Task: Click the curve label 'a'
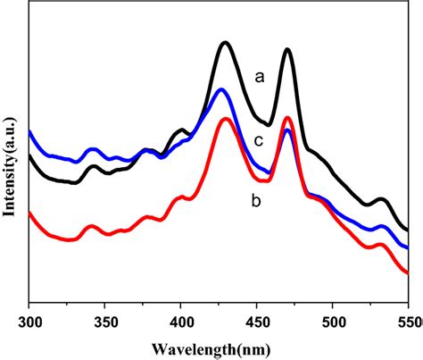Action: pyautogui.click(x=260, y=78)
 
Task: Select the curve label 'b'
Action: pyautogui.click(x=256, y=200)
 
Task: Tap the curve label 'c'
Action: pyautogui.click(x=259, y=141)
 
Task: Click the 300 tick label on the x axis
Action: pyautogui.click(x=29, y=322)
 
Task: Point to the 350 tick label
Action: pyautogui.click(x=104, y=322)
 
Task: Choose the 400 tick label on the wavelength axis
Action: pyautogui.click(x=180, y=322)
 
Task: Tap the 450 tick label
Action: pyautogui.click(x=256, y=322)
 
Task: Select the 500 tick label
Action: pyautogui.click(x=332, y=322)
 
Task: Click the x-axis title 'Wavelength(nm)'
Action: pyautogui.click(x=211, y=349)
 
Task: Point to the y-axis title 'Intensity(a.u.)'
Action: pyautogui.click(x=10, y=166)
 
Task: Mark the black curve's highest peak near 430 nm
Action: pyautogui.click(x=225, y=44)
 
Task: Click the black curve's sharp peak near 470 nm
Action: pyautogui.click(x=287, y=50)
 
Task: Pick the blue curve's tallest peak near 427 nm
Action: pyautogui.click(x=220, y=90)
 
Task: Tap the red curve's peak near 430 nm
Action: pyautogui.click(x=226, y=120)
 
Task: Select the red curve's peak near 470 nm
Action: pyautogui.click(x=287, y=118)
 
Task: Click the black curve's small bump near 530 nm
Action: pyautogui.click(x=381, y=199)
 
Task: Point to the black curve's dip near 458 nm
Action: pyautogui.click(x=268, y=124)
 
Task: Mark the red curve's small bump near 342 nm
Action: pyautogui.click(x=91, y=227)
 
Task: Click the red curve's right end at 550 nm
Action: pyautogui.click(x=408, y=272)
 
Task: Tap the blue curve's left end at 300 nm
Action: pyautogui.click(x=29, y=132)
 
